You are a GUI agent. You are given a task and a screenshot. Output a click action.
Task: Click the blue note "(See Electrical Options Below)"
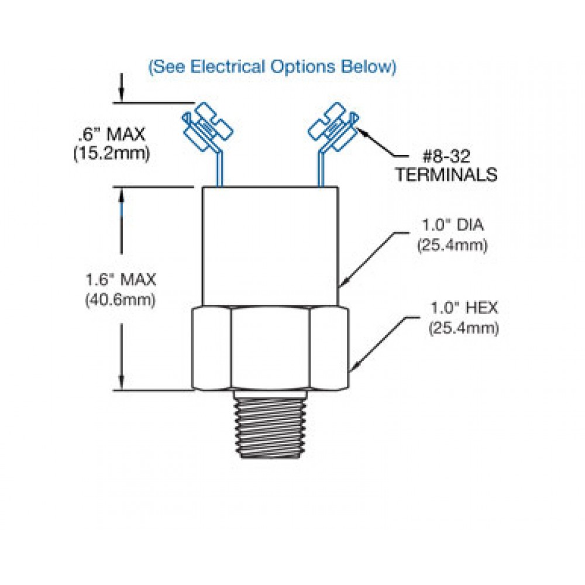tap(272, 67)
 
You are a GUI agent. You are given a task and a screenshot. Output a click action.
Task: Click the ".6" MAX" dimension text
tap(111, 135)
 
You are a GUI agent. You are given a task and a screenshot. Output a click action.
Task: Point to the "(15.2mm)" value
tap(112, 153)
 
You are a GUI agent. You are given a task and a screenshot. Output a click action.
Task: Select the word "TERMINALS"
tap(446, 174)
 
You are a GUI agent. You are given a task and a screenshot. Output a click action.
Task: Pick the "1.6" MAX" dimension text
tap(120, 280)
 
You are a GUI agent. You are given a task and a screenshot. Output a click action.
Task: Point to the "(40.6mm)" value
tap(120, 300)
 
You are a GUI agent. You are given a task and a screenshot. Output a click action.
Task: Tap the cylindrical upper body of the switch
tap(270, 246)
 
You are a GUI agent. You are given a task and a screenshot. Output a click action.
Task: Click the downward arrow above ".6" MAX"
tap(121, 94)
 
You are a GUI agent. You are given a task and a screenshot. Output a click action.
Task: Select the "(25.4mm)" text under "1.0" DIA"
tap(452, 246)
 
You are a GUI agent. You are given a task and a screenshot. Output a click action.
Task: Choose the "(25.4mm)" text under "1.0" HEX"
tap(463, 329)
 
